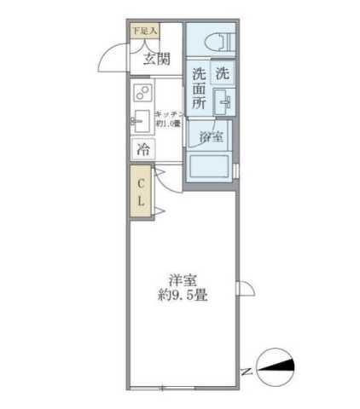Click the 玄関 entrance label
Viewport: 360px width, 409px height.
[x=156, y=59]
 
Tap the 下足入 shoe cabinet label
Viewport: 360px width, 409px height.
[x=143, y=32]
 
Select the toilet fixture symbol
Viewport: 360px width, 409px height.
[x=215, y=39]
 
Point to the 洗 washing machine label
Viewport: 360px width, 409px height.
[x=222, y=74]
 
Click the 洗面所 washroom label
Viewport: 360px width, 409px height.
[x=199, y=89]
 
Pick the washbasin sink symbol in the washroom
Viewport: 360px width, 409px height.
[x=224, y=105]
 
